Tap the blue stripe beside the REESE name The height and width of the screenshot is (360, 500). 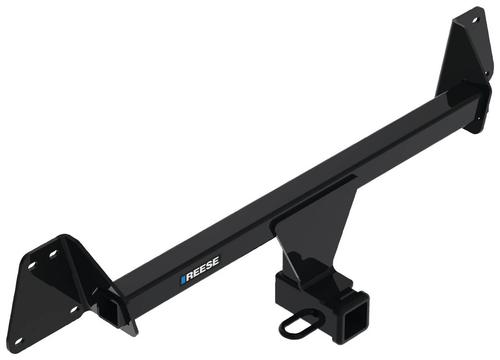(x=183, y=279)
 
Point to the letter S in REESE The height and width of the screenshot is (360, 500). (x=209, y=266)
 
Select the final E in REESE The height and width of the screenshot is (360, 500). (x=216, y=262)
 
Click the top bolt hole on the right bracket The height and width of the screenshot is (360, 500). (x=474, y=20)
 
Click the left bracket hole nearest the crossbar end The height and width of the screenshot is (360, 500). (x=74, y=310)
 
